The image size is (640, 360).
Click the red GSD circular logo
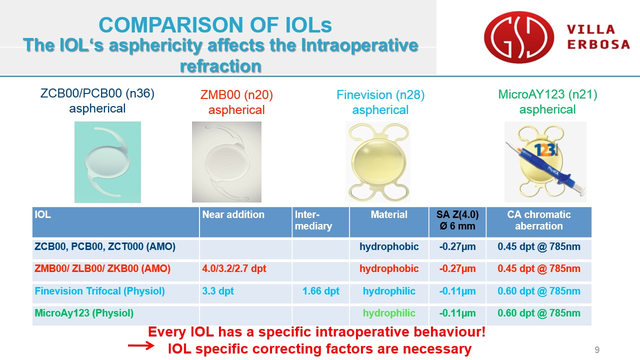tap(519, 37)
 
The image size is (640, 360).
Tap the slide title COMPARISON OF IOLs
tap(215, 25)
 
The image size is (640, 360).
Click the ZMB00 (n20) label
tap(236, 95)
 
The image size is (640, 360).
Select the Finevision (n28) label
tap(380, 95)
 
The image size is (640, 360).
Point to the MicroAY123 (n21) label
tap(547, 94)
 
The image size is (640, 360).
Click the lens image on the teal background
tap(107, 162)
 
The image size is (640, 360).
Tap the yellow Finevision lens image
tap(378, 162)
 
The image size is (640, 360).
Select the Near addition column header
tap(233, 214)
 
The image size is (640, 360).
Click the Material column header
tap(389, 214)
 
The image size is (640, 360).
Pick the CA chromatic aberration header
tap(539, 220)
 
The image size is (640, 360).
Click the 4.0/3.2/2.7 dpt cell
tap(234, 268)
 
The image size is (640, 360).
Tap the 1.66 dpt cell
tap(321, 291)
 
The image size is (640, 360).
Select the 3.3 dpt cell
tap(218, 291)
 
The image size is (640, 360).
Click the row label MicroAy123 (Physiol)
tap(84, 313)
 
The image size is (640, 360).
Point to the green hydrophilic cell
tap(389, 313)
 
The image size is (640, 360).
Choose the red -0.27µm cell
tap(457, 268)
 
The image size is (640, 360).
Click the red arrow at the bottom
tap(141, 345)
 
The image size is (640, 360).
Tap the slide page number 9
tap(597, 349)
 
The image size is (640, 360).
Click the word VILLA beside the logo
tap(591, 29)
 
